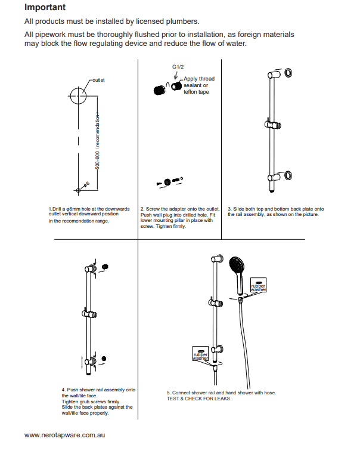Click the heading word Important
tap(45, 8)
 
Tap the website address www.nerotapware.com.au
tap(65, 436)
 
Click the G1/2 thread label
tap(177, 69)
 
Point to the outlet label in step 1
tap(98, 79)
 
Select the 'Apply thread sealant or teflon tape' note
tap(198, 85)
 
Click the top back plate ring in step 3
tap(289, 73)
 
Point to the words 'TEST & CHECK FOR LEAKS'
tap(199, 399)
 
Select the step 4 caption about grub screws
tap(98, 402)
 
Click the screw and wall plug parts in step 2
tap(169, 180)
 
